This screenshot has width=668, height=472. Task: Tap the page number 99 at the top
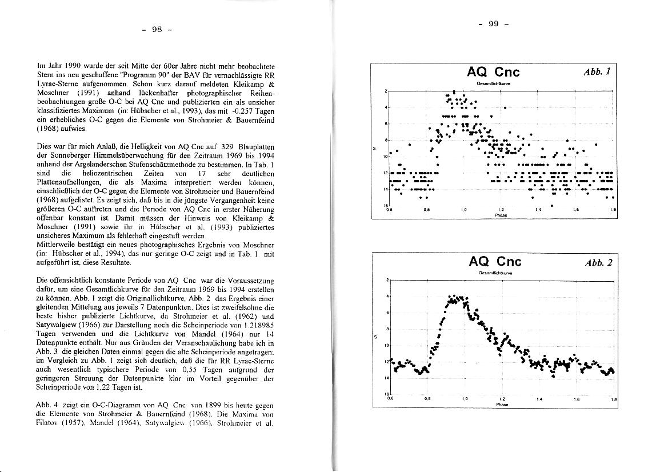point(493,23)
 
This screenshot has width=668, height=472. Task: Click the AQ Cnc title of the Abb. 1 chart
point(493,72)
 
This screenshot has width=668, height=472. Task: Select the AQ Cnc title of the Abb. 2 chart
point(495,262)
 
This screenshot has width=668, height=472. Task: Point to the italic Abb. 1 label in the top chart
point(598,72)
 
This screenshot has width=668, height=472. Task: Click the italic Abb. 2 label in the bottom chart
point(598,263)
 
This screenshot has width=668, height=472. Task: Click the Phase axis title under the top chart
point(501,215)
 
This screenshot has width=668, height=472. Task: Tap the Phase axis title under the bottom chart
point(501,404)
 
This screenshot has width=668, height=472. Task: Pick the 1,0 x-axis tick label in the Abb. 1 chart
point(464,210)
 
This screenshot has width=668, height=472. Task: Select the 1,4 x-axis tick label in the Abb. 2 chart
point(539,399)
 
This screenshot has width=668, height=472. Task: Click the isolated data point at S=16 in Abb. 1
point(552,205)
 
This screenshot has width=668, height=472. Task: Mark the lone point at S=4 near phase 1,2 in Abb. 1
point(505,107)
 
